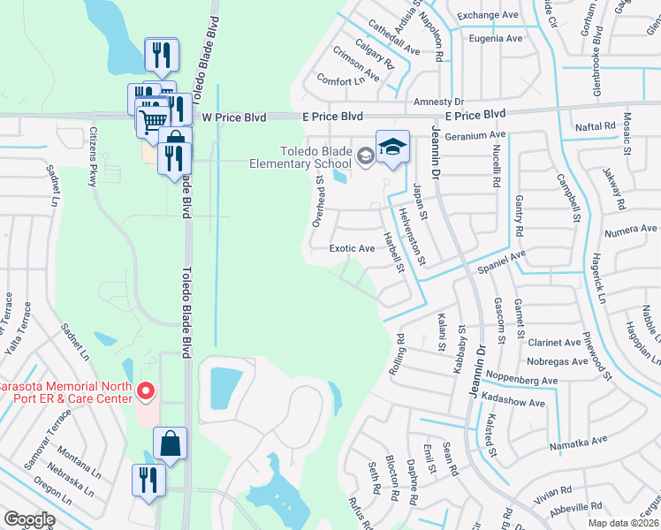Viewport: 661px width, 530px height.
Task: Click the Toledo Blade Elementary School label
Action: click(300, 156)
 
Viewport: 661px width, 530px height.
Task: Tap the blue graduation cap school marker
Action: click(392, 148)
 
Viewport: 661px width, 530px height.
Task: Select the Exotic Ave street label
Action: click(352, 248)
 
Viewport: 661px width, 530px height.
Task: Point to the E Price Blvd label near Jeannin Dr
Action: click(475, 115)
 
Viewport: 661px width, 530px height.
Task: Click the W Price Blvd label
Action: click(233, 117)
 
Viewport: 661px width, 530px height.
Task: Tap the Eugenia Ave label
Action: click(496, 39)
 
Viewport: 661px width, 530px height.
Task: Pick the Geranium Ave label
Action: click(475, 135)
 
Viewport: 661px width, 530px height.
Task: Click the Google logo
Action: click(29, 519)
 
